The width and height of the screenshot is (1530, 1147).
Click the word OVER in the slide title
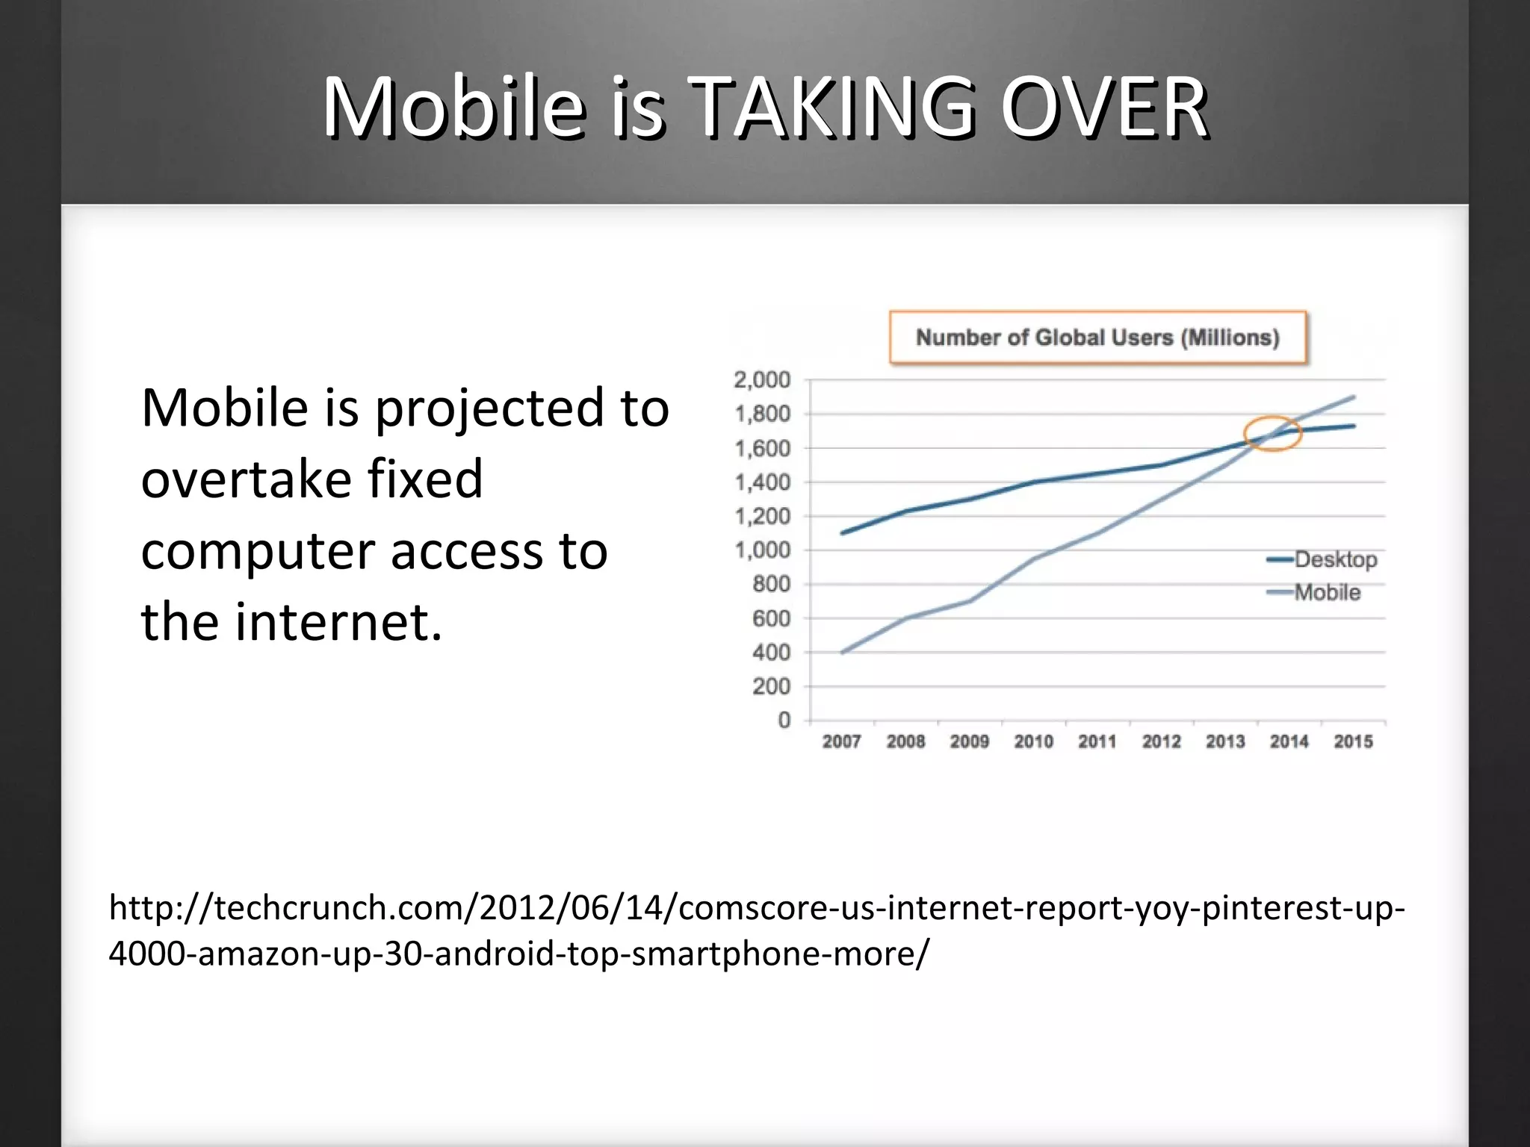pos(1103,108)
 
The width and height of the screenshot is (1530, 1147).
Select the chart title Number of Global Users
pos(1097,338)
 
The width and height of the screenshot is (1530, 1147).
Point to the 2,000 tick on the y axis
pos(762,380)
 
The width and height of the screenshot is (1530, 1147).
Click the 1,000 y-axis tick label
pos(762,550)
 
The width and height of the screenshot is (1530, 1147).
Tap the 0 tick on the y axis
pos(784,720)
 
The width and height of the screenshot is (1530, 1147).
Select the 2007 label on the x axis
pos(842,742)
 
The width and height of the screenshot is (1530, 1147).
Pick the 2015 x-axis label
pos(1353,742)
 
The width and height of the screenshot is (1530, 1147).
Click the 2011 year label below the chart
pos(1097,742)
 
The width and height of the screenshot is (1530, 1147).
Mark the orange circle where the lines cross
pos(1273,434)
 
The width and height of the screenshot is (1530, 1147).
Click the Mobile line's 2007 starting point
pos(843,652)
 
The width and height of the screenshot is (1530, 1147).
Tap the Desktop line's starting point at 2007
pos(843,532)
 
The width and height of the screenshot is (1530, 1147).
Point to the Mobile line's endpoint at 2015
pos(1353,397)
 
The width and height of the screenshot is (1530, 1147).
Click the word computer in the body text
pos(258,553)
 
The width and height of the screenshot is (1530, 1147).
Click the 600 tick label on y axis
pos(770,618)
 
